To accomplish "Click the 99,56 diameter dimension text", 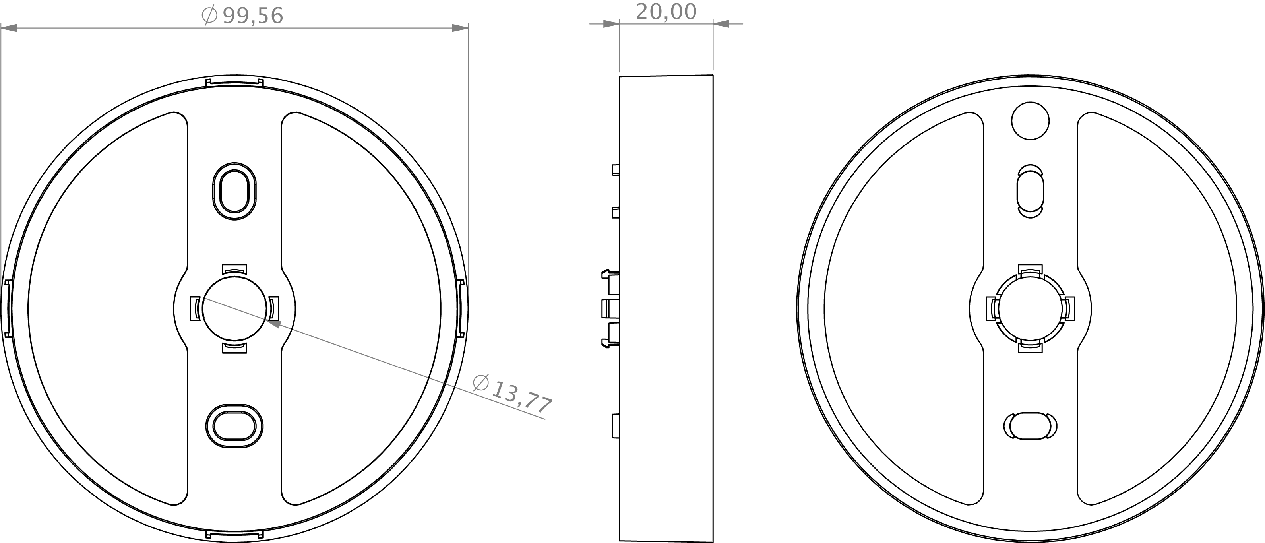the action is pos(253,16).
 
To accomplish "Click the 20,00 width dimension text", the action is pos(666,12).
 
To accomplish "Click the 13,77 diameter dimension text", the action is pos(521,397).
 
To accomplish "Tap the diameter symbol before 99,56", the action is pos(210,15).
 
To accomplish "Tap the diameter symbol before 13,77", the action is pos(481,382).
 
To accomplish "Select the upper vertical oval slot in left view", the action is pos(234,191).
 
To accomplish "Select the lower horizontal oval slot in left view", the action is pos(234,426).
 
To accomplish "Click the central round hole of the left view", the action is pos(234,308).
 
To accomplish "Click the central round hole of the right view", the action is pos(1030,309).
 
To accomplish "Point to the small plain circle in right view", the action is pos(1030,121).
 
